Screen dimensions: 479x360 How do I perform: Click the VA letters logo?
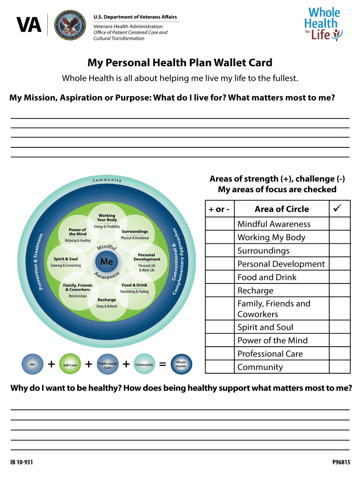(29, 26)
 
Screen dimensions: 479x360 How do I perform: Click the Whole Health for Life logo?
(323, 23)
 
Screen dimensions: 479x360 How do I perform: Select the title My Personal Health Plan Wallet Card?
(180, 63)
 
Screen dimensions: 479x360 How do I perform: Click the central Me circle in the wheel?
(107, 261)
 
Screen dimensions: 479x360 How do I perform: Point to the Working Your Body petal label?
(107, 218)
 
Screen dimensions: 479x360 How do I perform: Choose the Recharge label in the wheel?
(107, 300)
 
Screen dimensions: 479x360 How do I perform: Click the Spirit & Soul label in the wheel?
(66, 259)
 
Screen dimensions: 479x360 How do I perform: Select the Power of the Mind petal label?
(77, 232)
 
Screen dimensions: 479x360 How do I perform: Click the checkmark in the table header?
(339, 208)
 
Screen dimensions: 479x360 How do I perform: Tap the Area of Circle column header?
(281, 209)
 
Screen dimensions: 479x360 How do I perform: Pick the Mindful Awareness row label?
(274, 224)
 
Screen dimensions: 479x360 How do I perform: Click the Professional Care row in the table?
(270, 354)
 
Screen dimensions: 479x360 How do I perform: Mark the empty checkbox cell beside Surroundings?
(339, 251)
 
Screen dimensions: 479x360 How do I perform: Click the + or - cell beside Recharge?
(220, 290)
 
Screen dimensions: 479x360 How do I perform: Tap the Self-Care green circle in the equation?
(70, 364)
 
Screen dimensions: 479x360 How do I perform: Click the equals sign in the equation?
(163, 364)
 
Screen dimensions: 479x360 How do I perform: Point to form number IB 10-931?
(22, 463)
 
